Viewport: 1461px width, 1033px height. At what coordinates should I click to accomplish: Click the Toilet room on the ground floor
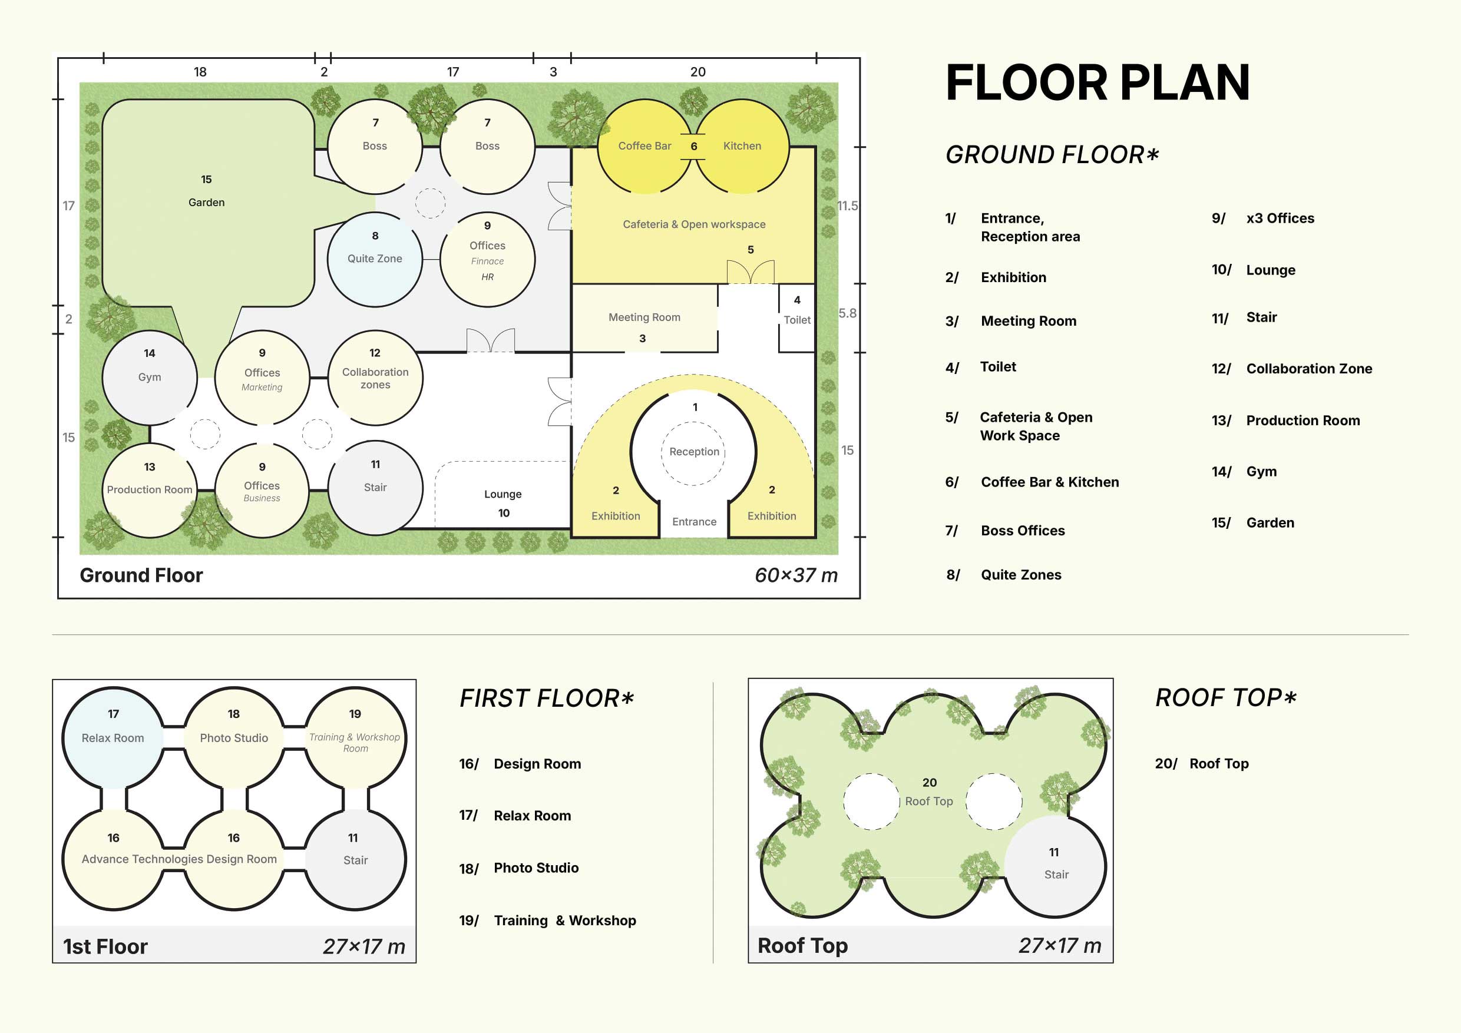click(796, 317)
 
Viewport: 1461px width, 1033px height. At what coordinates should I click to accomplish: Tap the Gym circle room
click(150, 377)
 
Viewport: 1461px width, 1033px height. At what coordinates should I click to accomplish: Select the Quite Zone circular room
click(375, 260)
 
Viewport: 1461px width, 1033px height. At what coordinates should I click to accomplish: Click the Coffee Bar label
click(644, 145)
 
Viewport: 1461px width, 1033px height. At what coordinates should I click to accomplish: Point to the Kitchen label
click(742, 145)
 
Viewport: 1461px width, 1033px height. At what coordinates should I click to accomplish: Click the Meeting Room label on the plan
click(644, 317)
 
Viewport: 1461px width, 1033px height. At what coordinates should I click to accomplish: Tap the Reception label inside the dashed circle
click(694, 452)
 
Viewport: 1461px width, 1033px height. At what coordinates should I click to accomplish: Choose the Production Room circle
click(150, 490)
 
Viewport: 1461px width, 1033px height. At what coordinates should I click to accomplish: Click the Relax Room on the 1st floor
click(113, 738)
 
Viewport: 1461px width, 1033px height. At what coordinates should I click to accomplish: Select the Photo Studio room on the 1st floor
click(234, 738)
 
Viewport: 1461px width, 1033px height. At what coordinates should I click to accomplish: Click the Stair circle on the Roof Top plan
click(1055, 866)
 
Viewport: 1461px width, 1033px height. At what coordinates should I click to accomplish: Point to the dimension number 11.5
click(848, 206)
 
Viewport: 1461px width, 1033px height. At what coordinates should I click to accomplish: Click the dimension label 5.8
click(848, 313)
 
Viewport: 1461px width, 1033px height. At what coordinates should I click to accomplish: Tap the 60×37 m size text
click(796, 575)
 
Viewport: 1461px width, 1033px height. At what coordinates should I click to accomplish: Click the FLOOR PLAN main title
click(1098, 82)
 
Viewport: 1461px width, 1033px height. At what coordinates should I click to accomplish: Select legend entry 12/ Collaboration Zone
click(1292, 368)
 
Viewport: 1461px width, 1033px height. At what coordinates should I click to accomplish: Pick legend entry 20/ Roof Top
click(1202, 763)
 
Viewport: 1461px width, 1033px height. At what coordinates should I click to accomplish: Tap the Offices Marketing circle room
click(262, 377)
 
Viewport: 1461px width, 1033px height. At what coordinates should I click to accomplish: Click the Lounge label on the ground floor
click(503, 494)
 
